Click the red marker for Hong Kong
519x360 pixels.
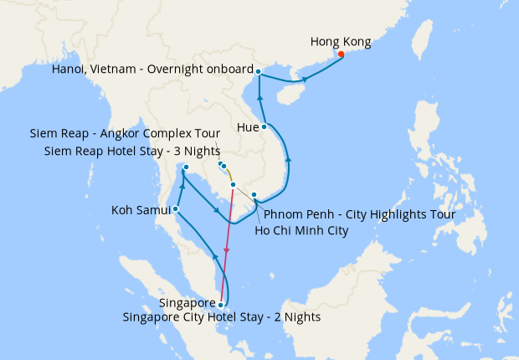point(341,54)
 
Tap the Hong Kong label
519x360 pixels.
point(341,41)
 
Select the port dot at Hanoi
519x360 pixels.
point(258,71)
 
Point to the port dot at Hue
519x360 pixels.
point(265,127)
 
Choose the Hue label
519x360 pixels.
point(248,128)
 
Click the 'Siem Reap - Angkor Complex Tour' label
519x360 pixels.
point(125,133)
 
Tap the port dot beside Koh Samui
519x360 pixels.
point(175,209)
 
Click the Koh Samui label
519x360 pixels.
point(141,209)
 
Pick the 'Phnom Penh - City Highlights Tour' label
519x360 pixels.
point(359,214)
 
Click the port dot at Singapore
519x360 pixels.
point(220,305)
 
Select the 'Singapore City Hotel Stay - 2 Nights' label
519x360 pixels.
point(221,318)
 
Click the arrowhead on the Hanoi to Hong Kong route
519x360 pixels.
point(305,80)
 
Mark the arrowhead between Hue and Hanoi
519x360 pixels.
point(260,100)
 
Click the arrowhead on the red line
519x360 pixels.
point(226,253)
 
